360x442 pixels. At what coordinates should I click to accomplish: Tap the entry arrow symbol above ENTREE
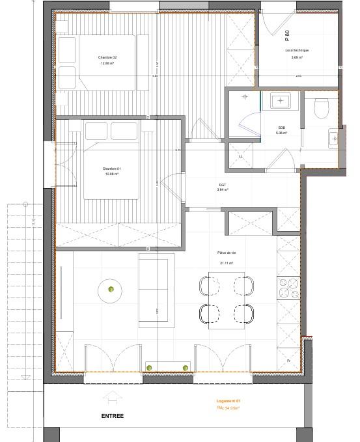pyautogui.click(x=110, y=397)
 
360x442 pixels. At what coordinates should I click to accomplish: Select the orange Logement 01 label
pyautogui.click(x=228, y=402)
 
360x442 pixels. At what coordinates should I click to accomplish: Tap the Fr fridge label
pyautogui.click(x=288, y=360)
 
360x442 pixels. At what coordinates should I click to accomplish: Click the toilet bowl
pyautogui.click(x=322, y=109)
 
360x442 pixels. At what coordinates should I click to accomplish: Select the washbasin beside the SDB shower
pyautogui.click(x=281, y=101)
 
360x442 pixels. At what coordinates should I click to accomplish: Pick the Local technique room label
pyautogui.click(x=297, y=50)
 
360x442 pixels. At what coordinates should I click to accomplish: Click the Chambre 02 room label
pyautogui.click(x=107, y=57)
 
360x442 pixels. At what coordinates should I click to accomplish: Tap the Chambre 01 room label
pyautogui.click(x=112, y=169)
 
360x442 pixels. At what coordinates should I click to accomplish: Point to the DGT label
pyautogui.click(x=223, y=185)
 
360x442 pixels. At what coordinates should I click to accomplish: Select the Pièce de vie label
pyautogui.click(x=226, y=253)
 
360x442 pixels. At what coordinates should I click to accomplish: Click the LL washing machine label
pyautogui.click(x=240, y=156)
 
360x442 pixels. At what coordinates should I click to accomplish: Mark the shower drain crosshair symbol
pyautogui.click(x=245, y=97)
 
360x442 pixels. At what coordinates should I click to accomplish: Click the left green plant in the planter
pyautogui.click(x=150, y=368)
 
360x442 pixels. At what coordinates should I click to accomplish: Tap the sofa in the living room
pyautogui.click(x=157, y=289)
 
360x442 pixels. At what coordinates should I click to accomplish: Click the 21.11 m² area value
pyautogui.click(x=226, y=264)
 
